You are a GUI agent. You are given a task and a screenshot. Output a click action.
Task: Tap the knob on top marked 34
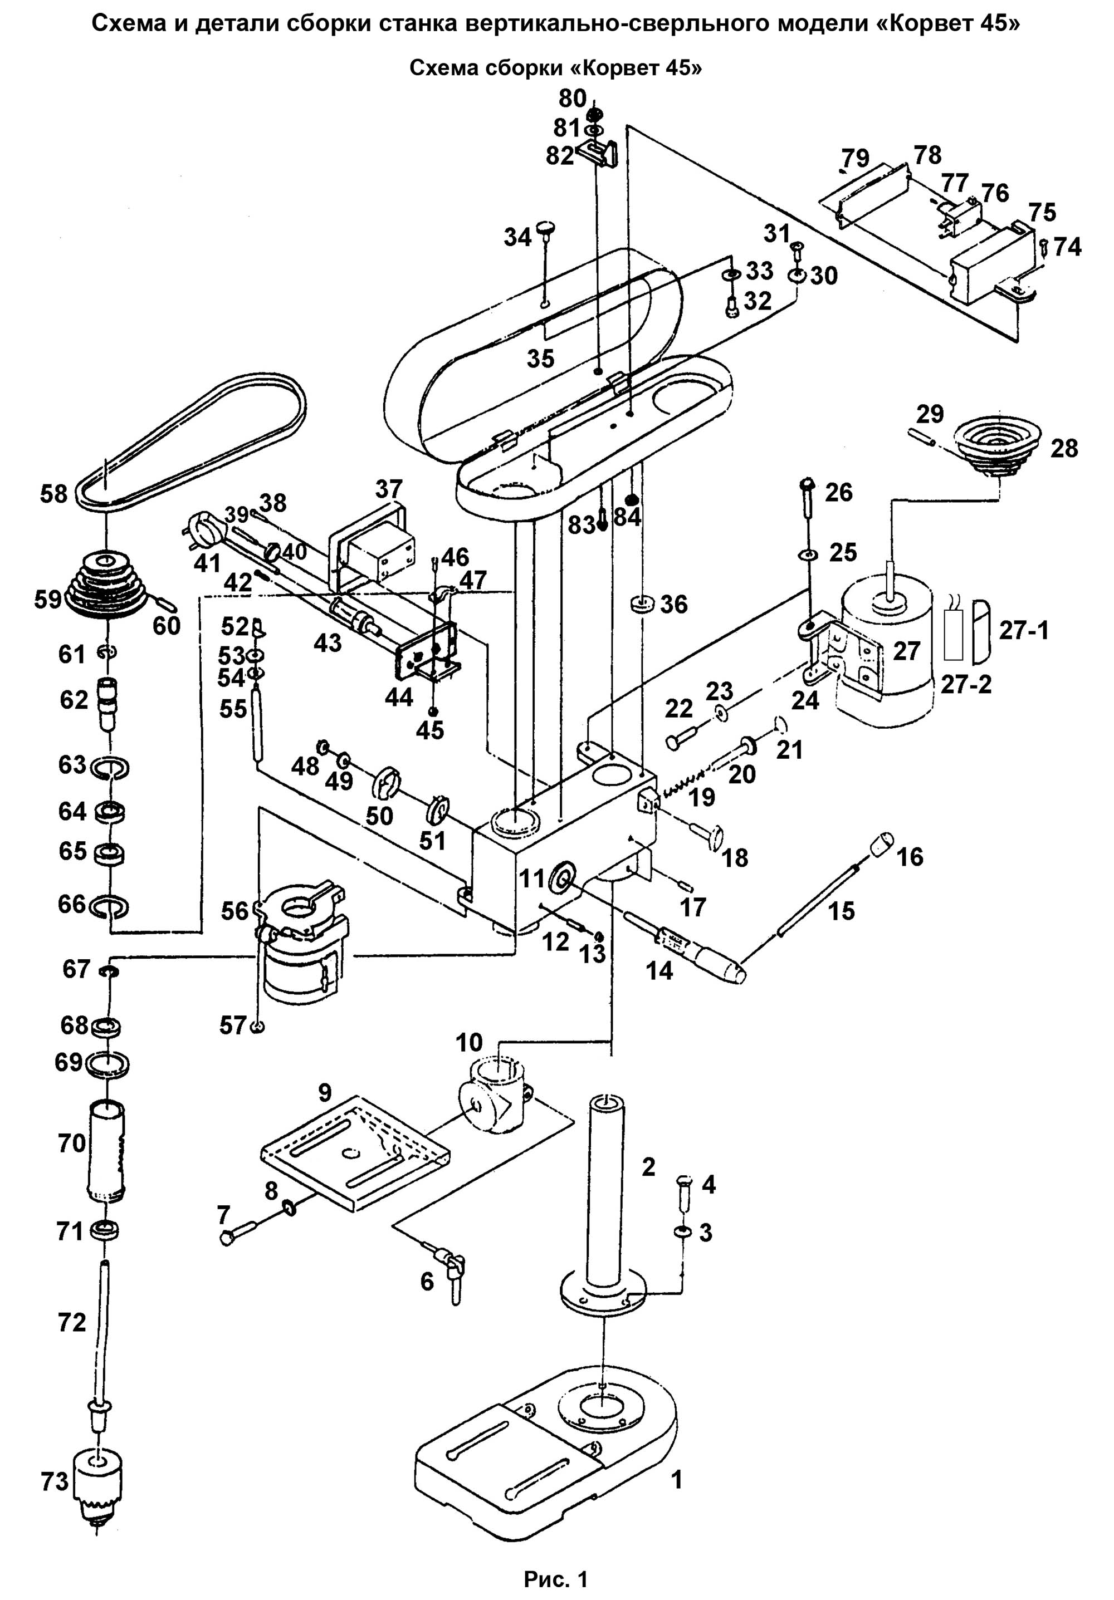click(546, 229)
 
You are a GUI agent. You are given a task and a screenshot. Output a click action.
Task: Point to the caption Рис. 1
click(555, 1577)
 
